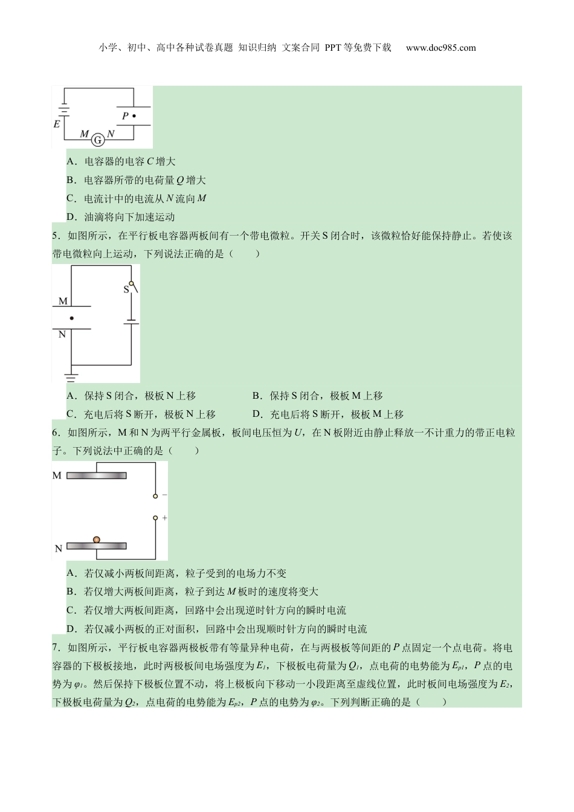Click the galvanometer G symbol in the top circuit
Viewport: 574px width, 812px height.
tap(97, 140)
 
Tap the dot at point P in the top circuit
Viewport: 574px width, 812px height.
tap(134, 116)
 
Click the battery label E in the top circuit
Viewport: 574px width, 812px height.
tap(57, 124)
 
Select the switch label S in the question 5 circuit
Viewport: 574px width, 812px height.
tap(126, 289)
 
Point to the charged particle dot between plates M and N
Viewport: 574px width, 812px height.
tap(72, 318)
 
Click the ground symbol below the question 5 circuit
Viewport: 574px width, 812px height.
tap(71, 378)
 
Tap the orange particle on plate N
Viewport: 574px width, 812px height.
tap(97, 540)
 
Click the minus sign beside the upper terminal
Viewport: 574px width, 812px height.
tap(164, 495)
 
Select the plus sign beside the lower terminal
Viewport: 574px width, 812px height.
tap(164, 518)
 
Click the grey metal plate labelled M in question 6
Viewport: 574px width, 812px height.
tap(97, 475)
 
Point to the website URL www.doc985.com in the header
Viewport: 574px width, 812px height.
tap(441, 48)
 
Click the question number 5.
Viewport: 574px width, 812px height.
tap(55, 236)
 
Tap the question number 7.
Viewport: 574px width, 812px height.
tap(55, 648)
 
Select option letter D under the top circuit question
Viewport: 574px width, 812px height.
tap(70, 217)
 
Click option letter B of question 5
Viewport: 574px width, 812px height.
tap(256, 396)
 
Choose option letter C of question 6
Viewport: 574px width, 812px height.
tap(70, 610)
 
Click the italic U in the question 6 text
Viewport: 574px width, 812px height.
tap(298, 433)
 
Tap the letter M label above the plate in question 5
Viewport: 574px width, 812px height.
tap(63, 301)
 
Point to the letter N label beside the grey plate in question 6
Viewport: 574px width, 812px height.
tap(59, 549)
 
